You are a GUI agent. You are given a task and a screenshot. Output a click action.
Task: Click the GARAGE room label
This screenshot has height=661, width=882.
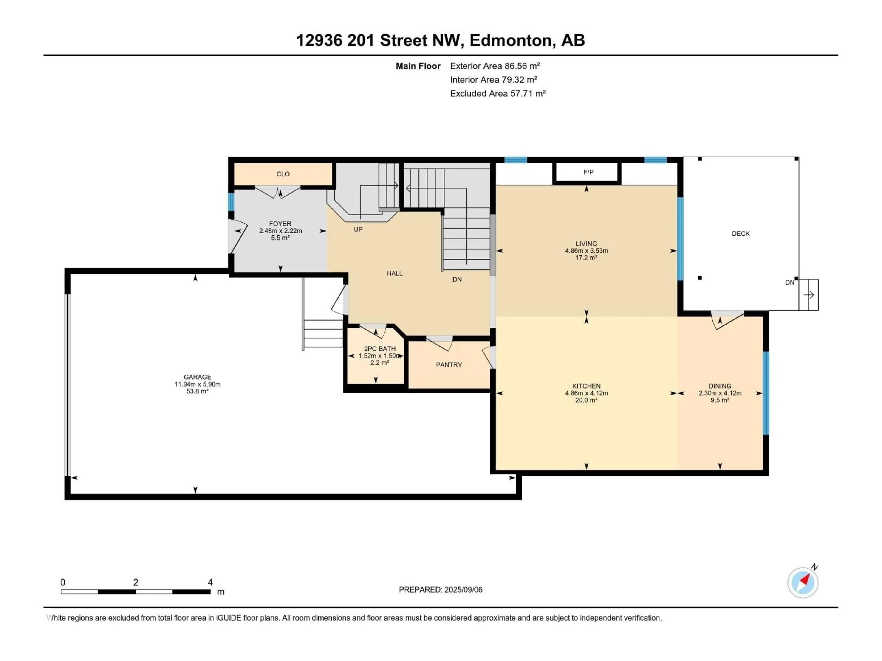click(197, 377)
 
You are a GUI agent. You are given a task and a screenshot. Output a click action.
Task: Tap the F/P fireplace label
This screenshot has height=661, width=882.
click(588, 172)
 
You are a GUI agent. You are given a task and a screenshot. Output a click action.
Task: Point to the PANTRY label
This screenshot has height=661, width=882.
click(449, 364)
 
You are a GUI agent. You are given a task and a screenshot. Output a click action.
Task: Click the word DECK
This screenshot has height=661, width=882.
click(741, 234)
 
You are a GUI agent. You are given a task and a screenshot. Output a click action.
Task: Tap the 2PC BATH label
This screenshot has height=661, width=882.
click(380, 349)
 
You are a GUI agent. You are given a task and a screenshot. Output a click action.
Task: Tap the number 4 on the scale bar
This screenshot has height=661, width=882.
click(210, 582)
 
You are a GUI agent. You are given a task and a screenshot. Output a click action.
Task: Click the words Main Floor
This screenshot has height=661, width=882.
click(418, 66)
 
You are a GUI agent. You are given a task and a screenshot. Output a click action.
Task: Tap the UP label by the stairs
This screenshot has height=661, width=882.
click(358, 230)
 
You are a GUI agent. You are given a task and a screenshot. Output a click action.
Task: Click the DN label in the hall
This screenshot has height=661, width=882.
click(457, 279)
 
